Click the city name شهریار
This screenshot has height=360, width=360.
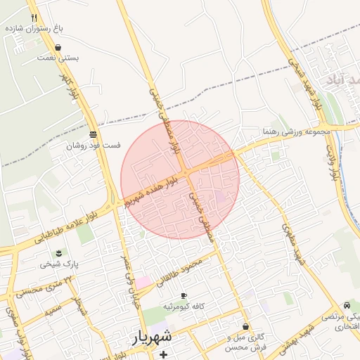click(x=151, y=338)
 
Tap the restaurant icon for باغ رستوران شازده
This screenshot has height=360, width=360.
click(x=34, y=18)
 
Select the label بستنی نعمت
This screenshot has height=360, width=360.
click(x=58, y=59)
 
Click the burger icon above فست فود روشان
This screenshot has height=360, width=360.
click(x=94, y=134)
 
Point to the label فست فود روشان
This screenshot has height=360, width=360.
click(x=94, y=146)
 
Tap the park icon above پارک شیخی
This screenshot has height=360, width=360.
click(x=59, y=253)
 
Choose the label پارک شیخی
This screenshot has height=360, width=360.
click(x=59, y=264)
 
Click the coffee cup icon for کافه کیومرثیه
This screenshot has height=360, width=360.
click(x=184, y=296)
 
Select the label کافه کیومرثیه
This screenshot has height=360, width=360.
click(x=184, y=307)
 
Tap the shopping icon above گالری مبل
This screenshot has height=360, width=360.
click(x=245, y=327)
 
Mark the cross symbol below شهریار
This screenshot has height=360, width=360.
click(x=164, y=354)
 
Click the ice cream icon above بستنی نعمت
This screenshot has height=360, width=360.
click(x=58, y=48)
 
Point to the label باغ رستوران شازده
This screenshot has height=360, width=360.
click(x=34, y=29)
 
